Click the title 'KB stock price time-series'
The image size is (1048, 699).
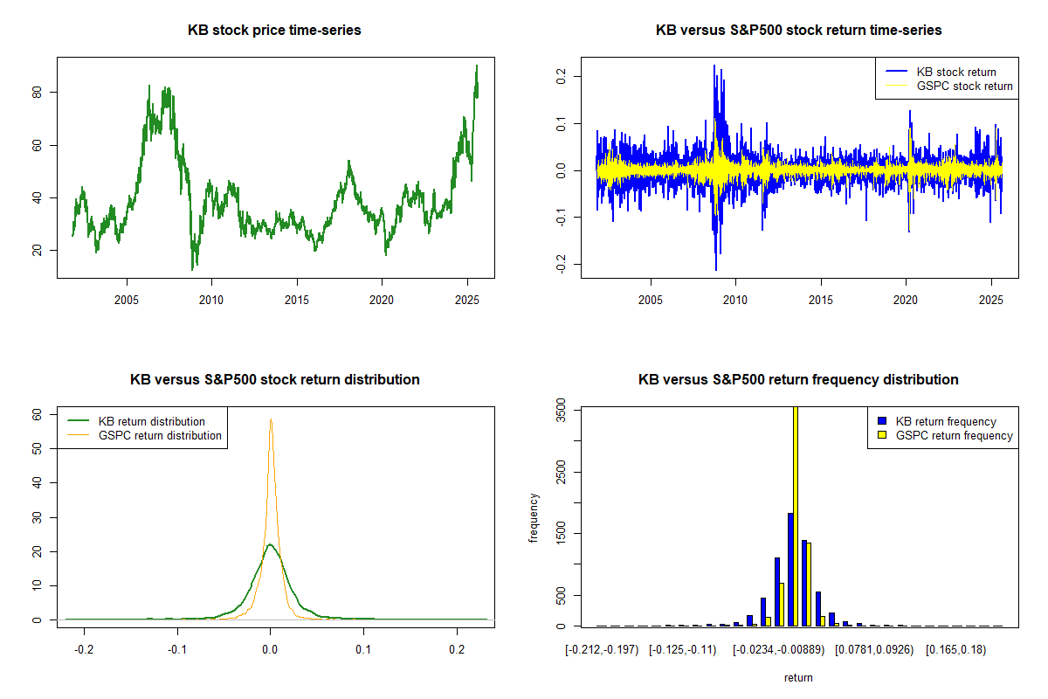274,31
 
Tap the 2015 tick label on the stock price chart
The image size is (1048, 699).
297,301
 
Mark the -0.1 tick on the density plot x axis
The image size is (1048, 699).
177,650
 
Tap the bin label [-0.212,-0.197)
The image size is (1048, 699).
602,650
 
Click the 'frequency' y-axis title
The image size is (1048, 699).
534,518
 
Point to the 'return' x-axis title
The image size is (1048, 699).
798,677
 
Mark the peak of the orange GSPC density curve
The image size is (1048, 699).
271,419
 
